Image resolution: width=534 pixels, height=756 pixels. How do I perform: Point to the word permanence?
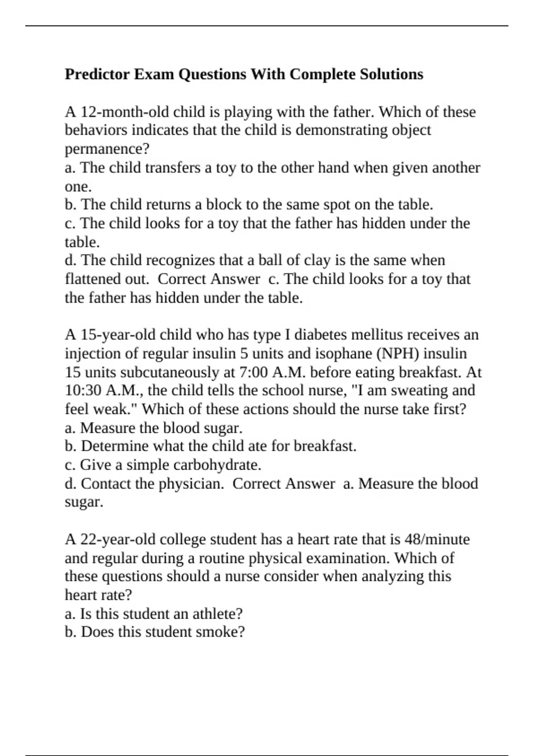click(104, 149)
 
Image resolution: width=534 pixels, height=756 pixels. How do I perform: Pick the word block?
click(223, 205)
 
